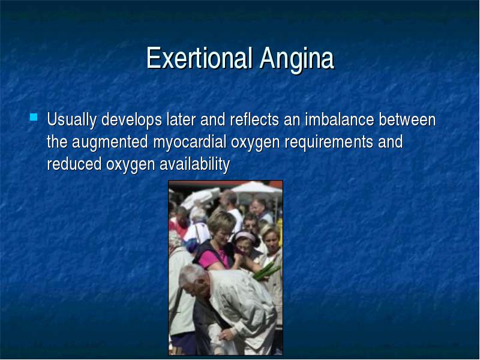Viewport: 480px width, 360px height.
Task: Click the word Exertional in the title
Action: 199,58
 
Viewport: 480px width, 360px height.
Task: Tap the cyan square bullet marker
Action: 34,117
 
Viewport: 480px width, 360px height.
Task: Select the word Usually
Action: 72,120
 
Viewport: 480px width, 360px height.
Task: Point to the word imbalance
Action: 339,119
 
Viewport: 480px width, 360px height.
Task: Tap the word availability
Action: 194,164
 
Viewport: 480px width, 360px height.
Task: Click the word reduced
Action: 74,164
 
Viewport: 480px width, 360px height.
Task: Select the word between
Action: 407,119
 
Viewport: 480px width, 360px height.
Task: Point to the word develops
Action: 131,120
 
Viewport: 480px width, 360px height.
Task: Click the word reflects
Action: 254,119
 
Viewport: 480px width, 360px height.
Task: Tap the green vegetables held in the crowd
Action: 266,272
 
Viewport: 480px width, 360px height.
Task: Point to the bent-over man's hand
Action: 227,334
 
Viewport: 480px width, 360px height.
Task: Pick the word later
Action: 181,119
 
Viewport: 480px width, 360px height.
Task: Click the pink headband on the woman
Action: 245,236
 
